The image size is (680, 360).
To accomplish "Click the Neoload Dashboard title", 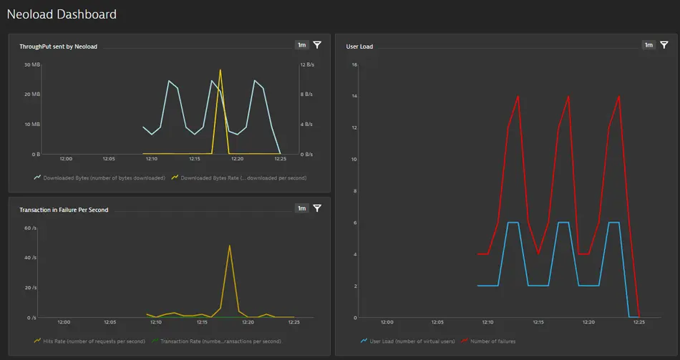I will (x=62, y=14).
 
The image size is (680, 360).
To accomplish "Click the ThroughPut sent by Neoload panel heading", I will (x=58, y=47).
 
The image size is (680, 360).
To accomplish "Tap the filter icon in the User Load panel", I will (x=664, y=45).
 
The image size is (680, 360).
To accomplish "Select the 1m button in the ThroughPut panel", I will (x=301, y=45).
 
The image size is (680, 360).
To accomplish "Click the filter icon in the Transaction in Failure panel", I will (x=317, y=208).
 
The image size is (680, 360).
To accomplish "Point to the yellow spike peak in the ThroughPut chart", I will (x=220, y=70).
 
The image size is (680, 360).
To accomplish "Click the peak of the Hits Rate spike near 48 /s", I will (x=230, y=245).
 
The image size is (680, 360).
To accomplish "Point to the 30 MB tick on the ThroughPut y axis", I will (x=31, y=64).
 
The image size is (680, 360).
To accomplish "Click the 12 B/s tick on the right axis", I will (x=306, y=64).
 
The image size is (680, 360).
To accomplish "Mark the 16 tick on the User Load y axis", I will (x=354, y=64).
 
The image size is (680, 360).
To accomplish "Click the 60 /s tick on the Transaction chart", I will (x=30, y=228).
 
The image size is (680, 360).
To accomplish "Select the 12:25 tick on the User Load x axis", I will (x=638, y=322).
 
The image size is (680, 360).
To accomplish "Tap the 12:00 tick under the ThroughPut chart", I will (x=66, y=159).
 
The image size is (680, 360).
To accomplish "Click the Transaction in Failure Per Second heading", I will (x=64, y=210).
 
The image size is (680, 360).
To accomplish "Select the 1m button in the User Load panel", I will (x=649, y=45).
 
